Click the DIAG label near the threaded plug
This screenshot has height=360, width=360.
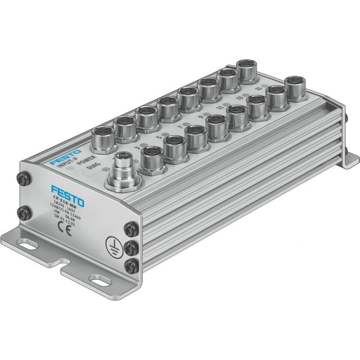(93, 166)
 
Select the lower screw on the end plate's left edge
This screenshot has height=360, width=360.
(23, 211)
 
